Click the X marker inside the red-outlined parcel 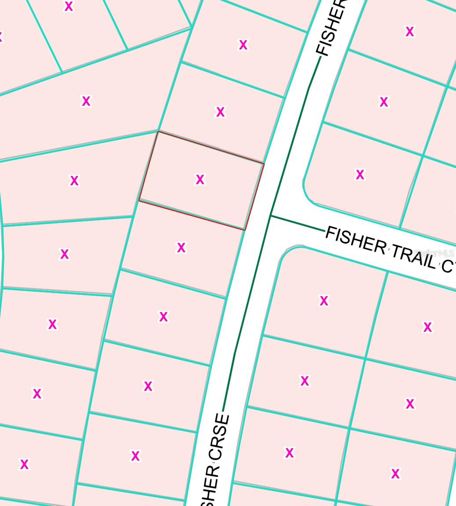click(200, 179)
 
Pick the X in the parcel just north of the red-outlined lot click(220, 112)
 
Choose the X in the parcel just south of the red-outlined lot click(181, 248)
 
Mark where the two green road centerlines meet click(271, 216)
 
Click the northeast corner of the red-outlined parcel click(264, 164)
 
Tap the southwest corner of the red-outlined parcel click(140, 201)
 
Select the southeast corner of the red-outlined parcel click(244, 229)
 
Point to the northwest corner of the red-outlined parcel click(158, 132)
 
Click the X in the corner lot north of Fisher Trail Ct click(360, 175)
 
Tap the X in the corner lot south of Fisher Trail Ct click(324, 301)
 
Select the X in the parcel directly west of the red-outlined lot click(74, 180)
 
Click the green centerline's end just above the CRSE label click(224, 410)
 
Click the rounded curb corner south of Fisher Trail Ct click(287, 252)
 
